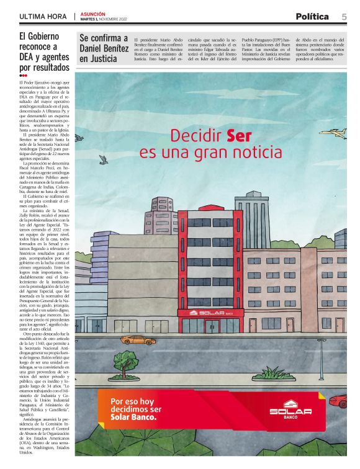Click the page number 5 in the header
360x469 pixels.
pos(344,17)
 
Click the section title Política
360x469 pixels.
pos(312,17)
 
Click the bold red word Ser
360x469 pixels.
pos(238,135)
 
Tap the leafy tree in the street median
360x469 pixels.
pos(126,362)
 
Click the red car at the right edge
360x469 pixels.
pos(339,401)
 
